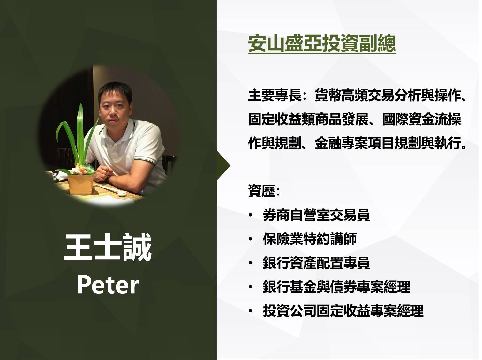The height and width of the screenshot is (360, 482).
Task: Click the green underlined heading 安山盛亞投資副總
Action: click(x=322, y=44)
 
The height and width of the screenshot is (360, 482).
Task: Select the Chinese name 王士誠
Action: click(x=108, y=247)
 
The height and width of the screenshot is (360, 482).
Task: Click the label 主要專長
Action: click(x=275, y=96)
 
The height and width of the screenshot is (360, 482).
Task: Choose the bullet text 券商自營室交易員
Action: click(x=316, y=215)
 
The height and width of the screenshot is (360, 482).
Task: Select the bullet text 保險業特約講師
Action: click(x=310, y=239)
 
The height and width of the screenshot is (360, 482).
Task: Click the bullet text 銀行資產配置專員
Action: click(x=316, y=263)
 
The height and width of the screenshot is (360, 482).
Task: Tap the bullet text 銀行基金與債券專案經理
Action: click(x=336, y=287)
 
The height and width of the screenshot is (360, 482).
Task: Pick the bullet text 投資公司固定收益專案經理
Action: click(x=343, y=311)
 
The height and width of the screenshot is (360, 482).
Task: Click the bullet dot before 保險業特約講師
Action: click(x=251, y=239)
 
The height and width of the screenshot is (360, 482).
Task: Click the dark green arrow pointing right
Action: click(x=223, y=165)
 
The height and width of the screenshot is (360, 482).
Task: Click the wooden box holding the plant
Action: click(x=80, y=184)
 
